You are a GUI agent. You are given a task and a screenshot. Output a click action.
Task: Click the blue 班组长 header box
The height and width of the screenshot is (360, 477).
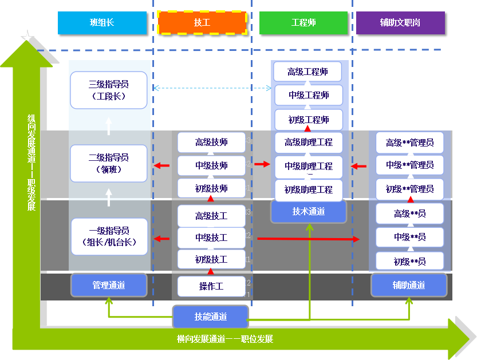[102, 23]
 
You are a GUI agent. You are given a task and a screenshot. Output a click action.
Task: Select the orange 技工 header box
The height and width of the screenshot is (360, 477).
[202, 23]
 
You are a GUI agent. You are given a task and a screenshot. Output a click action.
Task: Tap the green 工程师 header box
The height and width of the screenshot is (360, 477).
[303, 23]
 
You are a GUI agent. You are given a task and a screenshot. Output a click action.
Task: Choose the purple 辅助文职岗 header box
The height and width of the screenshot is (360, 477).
[400, 23]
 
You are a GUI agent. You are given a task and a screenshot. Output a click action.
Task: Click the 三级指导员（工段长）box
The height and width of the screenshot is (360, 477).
[108, 90]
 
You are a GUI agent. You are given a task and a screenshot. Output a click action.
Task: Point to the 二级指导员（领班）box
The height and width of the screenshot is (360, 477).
[108, 163]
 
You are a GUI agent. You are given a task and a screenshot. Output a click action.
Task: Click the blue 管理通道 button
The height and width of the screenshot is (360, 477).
[109, 285]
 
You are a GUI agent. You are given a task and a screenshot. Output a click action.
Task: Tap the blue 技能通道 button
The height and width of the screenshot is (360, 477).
[211, 317]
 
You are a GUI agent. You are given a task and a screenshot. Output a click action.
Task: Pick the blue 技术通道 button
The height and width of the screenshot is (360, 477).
[309, 212]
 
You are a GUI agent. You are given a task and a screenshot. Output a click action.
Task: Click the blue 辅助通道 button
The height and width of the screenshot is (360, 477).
[409, 285]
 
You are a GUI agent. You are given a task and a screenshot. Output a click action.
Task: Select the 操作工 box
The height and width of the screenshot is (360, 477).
[211, 286]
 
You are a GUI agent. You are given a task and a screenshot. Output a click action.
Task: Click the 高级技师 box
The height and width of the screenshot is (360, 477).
[211, 142]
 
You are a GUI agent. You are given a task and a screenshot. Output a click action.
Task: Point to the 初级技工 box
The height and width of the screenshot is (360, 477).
[211, 259]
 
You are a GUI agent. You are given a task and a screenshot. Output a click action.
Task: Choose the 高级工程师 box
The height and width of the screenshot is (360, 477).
[308, 72]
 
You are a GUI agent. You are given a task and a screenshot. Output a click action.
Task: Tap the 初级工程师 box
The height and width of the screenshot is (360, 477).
[308, 120]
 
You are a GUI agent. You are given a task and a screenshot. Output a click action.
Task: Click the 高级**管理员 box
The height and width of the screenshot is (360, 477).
[409, 143]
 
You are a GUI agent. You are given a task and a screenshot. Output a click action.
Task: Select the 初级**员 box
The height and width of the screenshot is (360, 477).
[409, 262]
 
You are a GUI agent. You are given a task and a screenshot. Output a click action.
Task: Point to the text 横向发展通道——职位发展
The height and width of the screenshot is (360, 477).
[225, 339]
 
